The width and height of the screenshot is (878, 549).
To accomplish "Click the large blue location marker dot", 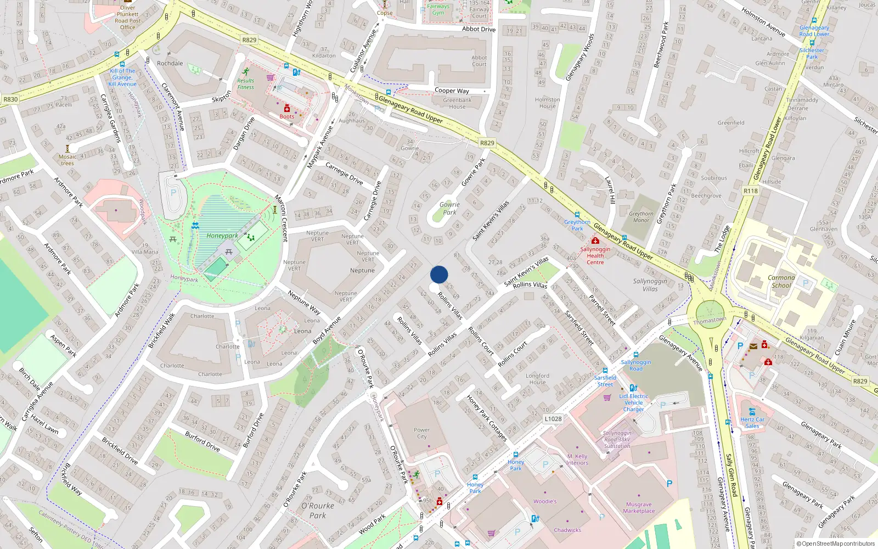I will (439, 274).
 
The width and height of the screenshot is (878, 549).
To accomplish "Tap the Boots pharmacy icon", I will (286, 108).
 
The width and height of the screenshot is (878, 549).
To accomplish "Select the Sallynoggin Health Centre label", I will (595, 256).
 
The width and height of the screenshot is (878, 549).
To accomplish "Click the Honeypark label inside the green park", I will (222, 236).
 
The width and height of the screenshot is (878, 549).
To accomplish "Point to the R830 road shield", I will (10, 99).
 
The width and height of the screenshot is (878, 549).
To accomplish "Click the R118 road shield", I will (750, 191).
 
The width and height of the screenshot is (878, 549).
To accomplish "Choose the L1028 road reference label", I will (553, 419).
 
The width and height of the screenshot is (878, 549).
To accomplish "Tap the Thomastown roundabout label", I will (710, 320).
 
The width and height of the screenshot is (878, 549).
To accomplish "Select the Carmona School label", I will (781, 282).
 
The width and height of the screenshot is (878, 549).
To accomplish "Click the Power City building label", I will (421, 433).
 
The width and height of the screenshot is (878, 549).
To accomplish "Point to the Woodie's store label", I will (545, 501).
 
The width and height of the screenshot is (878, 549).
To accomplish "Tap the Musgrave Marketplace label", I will (639, 508).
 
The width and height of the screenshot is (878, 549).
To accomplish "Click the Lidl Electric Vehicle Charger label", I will (634, 402).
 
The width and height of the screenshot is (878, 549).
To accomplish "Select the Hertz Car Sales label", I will (752, 423).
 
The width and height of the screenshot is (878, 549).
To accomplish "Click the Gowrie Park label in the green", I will (449, 209).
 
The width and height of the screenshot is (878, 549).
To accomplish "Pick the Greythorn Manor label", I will (641, 217).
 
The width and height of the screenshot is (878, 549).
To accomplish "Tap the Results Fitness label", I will (246, 84).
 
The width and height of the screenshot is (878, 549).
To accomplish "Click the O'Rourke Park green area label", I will (318, 511).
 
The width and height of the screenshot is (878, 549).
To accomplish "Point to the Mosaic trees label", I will (67, 160).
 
